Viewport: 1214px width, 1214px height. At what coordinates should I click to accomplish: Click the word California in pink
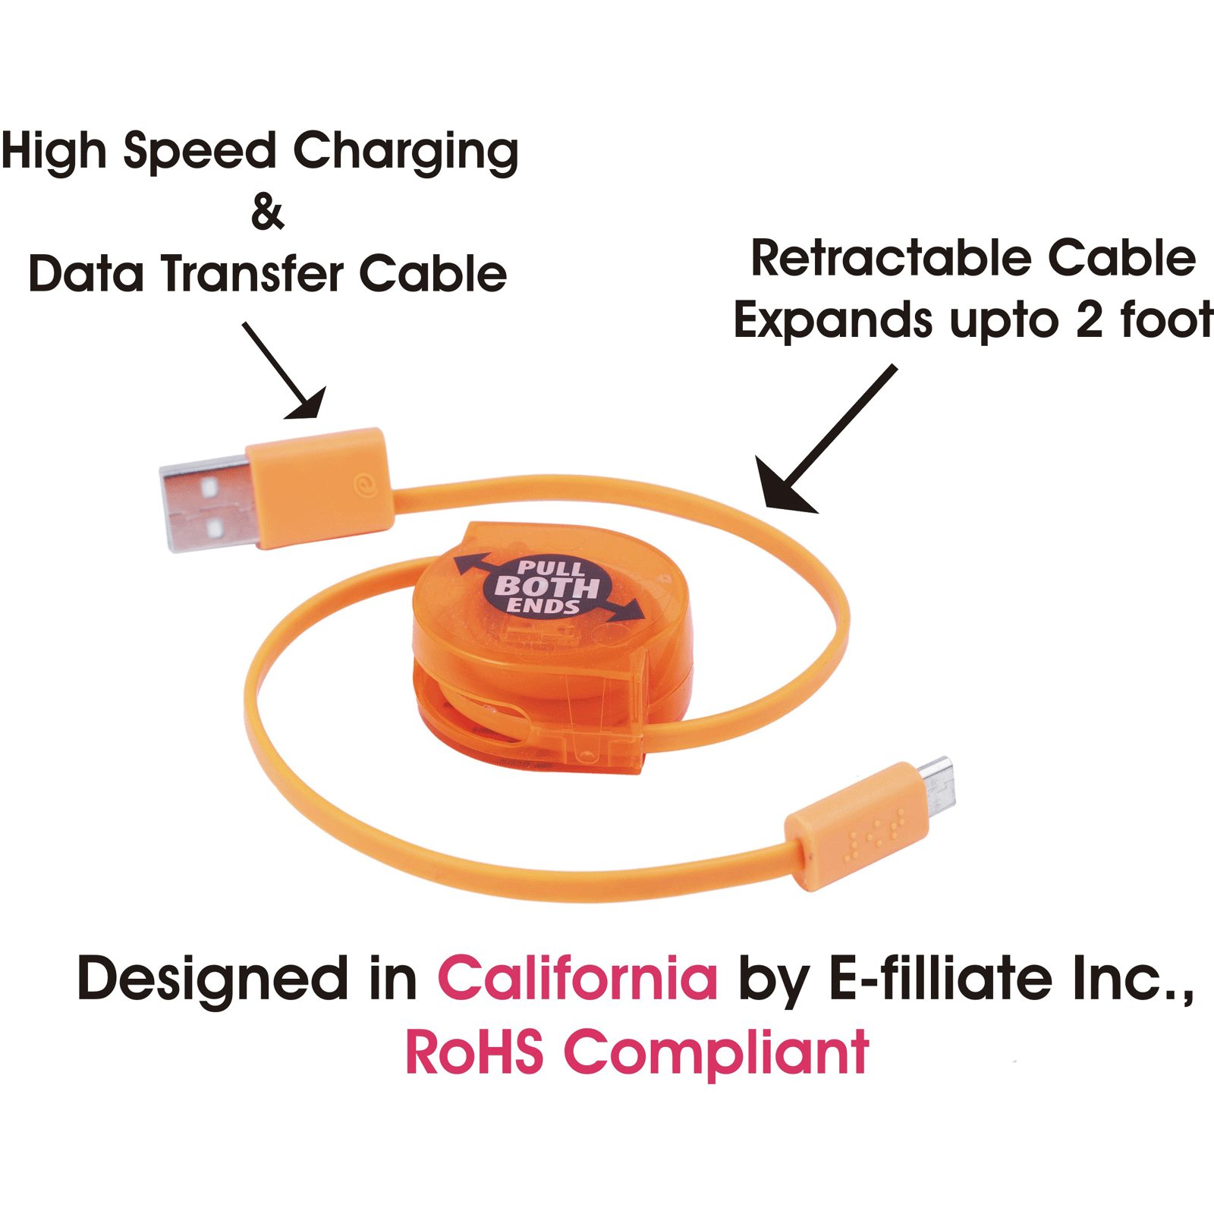(x=577, y=978)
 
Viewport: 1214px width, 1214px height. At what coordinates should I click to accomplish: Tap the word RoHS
(x=474, y=1052)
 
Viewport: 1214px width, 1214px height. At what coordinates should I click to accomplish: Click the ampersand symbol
(x=268, y=212)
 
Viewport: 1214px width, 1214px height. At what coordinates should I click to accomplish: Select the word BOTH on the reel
(x=546, y=587)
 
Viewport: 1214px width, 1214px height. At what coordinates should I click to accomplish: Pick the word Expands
(x=833, y=321)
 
